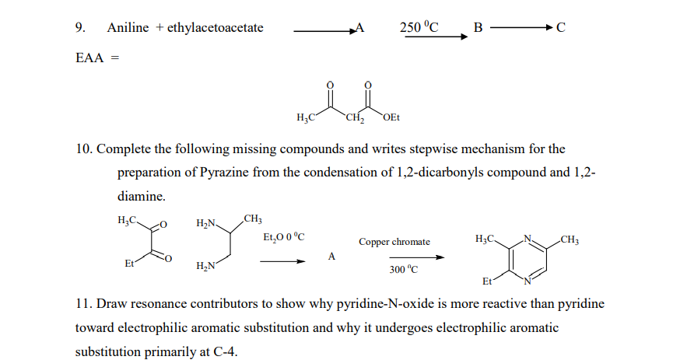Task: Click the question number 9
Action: tap(79, 28)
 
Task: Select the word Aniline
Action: tap(128, 28)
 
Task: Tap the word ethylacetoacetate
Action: tap(216, 28)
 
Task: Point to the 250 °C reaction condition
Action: tap(419, 27)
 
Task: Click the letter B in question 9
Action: tap(478, 28)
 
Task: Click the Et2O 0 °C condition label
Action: tap(284, 236)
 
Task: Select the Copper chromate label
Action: tap(394, 242)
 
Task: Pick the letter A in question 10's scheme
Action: tap(332, 256)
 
